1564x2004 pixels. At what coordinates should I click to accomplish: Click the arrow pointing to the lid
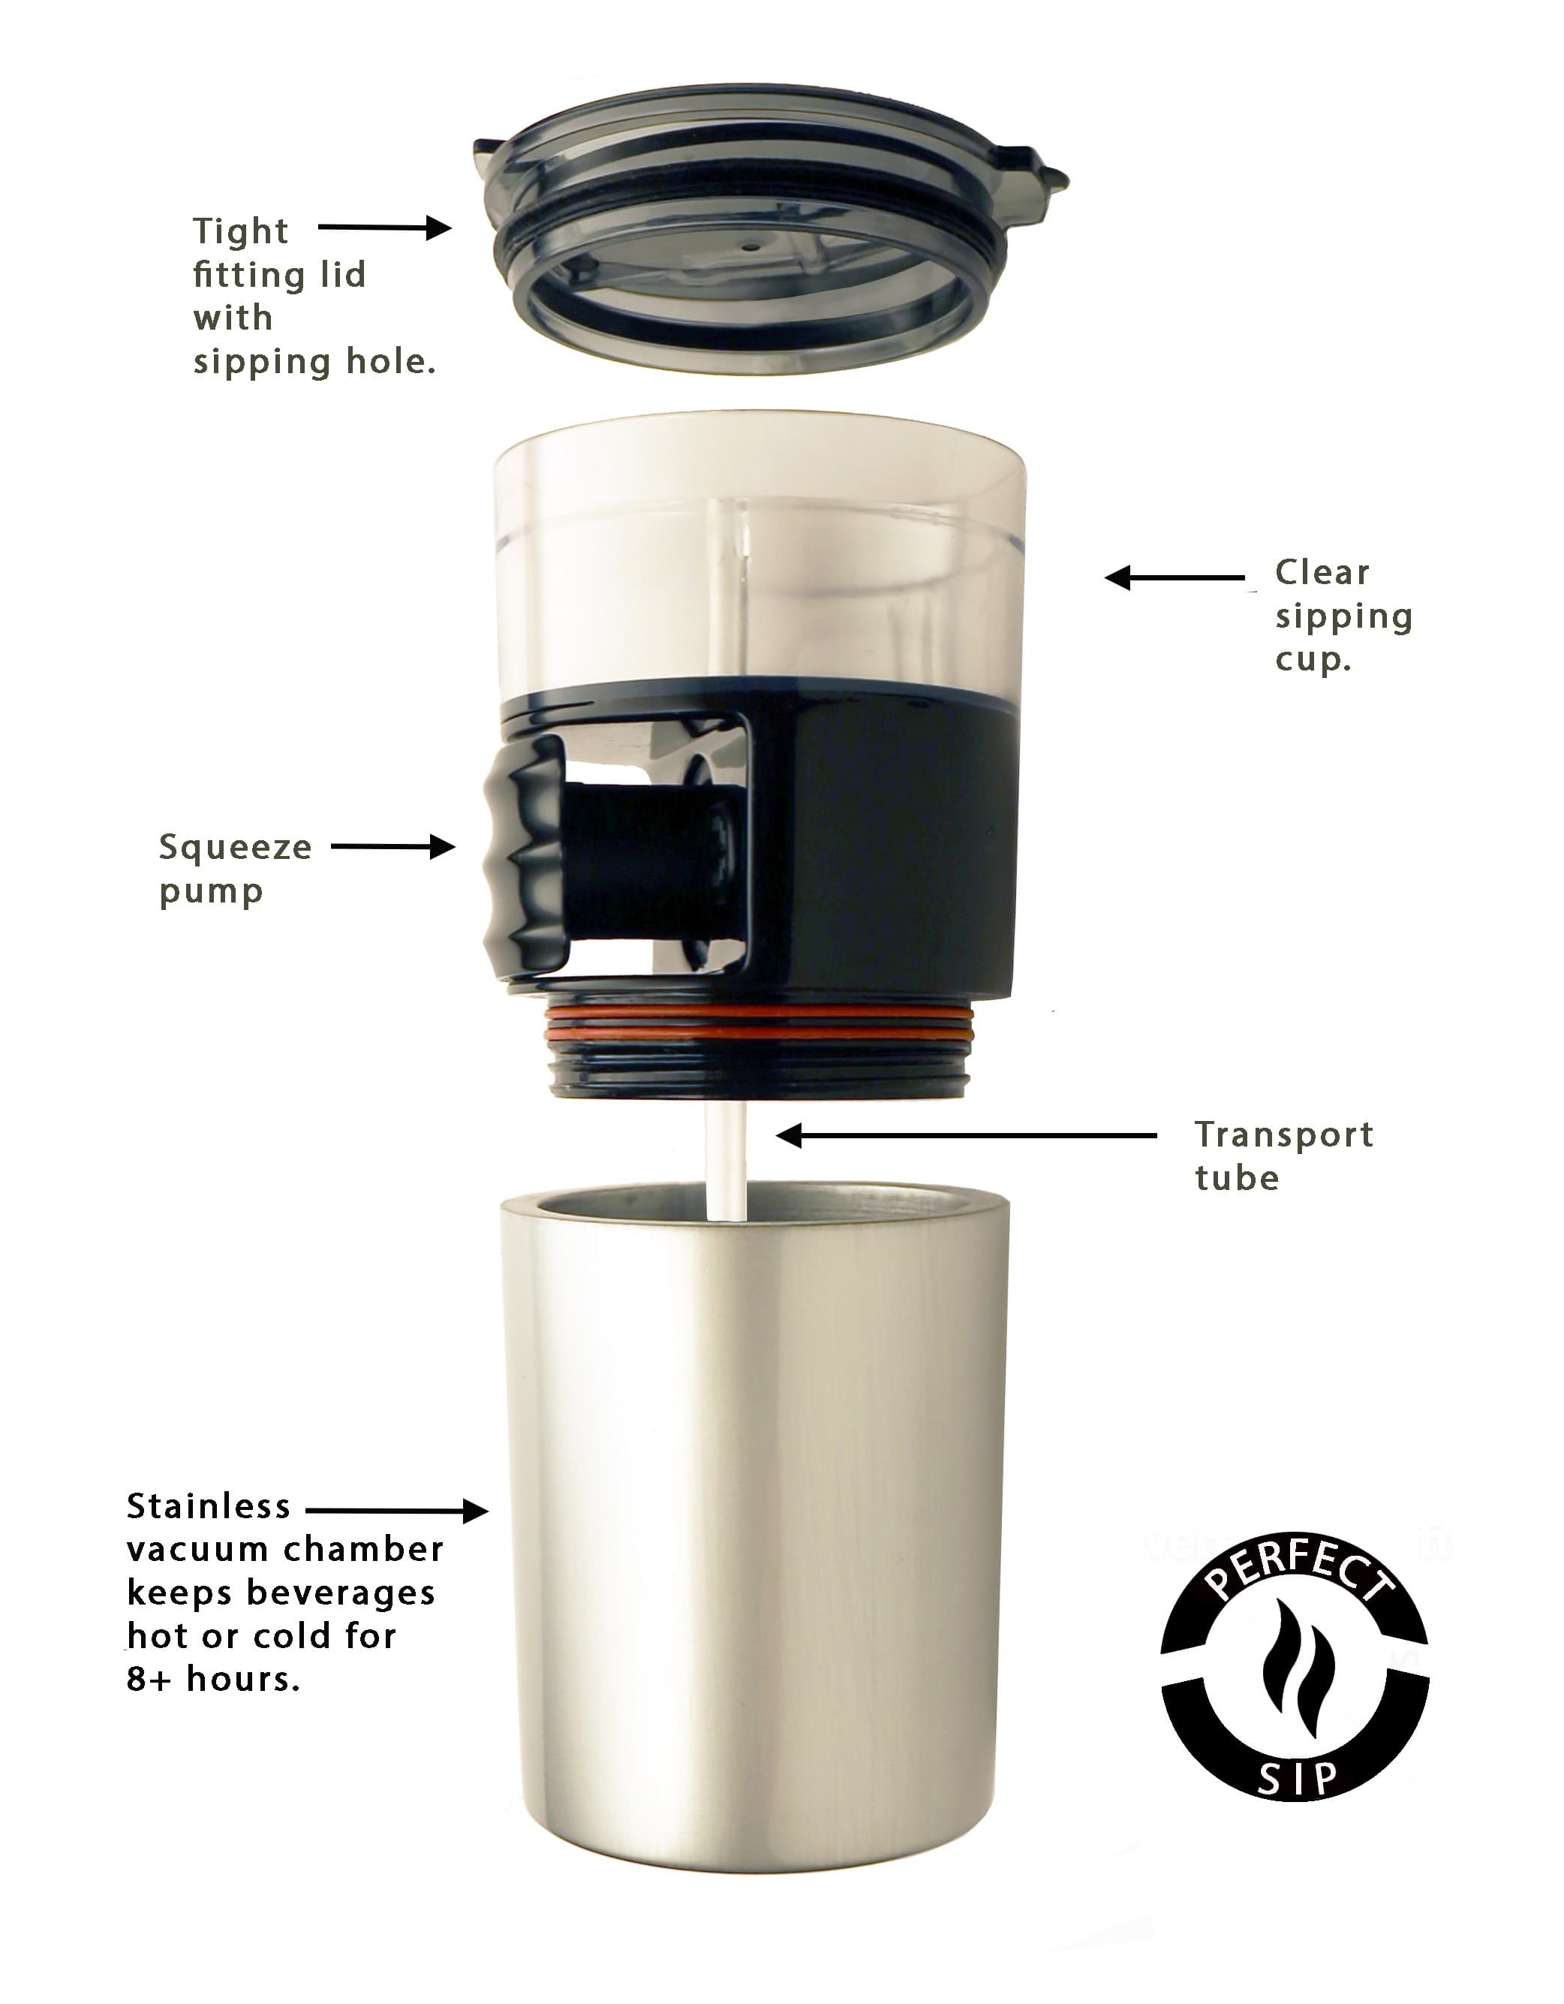[384, 227]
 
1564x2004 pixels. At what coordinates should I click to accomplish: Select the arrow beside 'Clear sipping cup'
[1175, 578]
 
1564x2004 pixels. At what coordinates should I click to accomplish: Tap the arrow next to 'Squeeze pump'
[393, 846]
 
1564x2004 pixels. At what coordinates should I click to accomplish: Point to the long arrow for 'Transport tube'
[966, 1136]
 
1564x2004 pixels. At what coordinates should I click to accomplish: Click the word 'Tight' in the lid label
[240, 231]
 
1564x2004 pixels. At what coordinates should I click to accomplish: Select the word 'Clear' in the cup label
[1322, 573]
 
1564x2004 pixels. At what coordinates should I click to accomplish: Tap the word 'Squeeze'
[236, 848]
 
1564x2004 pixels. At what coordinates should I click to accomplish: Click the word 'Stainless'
[208, 1507]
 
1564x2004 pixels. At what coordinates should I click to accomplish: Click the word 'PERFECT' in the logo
[1297, 1577]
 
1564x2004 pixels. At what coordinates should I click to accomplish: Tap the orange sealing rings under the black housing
[758, 1022]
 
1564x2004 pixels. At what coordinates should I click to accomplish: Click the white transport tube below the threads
[726, 1160]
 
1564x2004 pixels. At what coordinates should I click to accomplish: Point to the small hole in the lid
[751, 246]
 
